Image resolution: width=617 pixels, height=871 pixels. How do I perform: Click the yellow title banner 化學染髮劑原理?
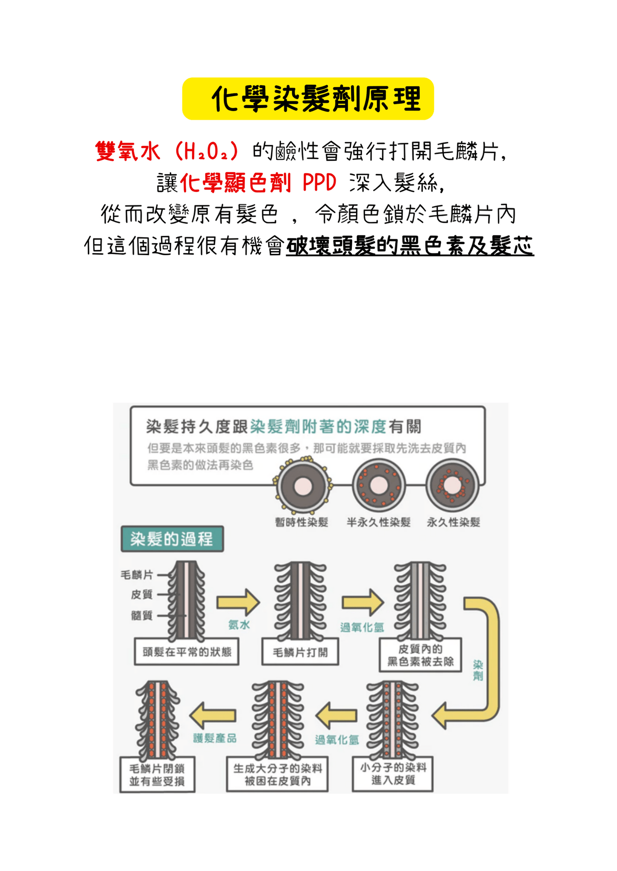pos(308,99)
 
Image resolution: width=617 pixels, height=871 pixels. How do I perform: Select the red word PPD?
pos(319,182)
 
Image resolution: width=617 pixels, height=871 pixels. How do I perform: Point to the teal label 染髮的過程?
pos(172,539)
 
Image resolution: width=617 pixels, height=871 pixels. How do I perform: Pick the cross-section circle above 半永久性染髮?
pos(378,486)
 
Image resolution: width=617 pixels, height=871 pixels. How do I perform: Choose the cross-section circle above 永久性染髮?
pos(453,486)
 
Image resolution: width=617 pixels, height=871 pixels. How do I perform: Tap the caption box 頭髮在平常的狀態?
pos(187,652)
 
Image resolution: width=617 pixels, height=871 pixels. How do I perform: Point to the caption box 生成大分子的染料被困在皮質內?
pos(278,774)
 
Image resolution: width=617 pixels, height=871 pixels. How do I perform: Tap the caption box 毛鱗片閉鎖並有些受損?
pos(157,775)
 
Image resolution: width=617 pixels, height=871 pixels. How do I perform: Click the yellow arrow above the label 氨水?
pos(238,603)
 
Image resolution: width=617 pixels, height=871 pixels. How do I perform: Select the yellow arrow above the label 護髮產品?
pos(213,715)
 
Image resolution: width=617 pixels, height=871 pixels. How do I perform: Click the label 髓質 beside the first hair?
pos(142,615)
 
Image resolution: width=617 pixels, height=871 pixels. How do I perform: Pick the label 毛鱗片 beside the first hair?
pos(137,575)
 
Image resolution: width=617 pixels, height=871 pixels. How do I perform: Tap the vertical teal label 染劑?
pos(478,670)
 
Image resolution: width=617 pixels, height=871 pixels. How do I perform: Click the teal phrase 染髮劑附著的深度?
pos(319,426)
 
